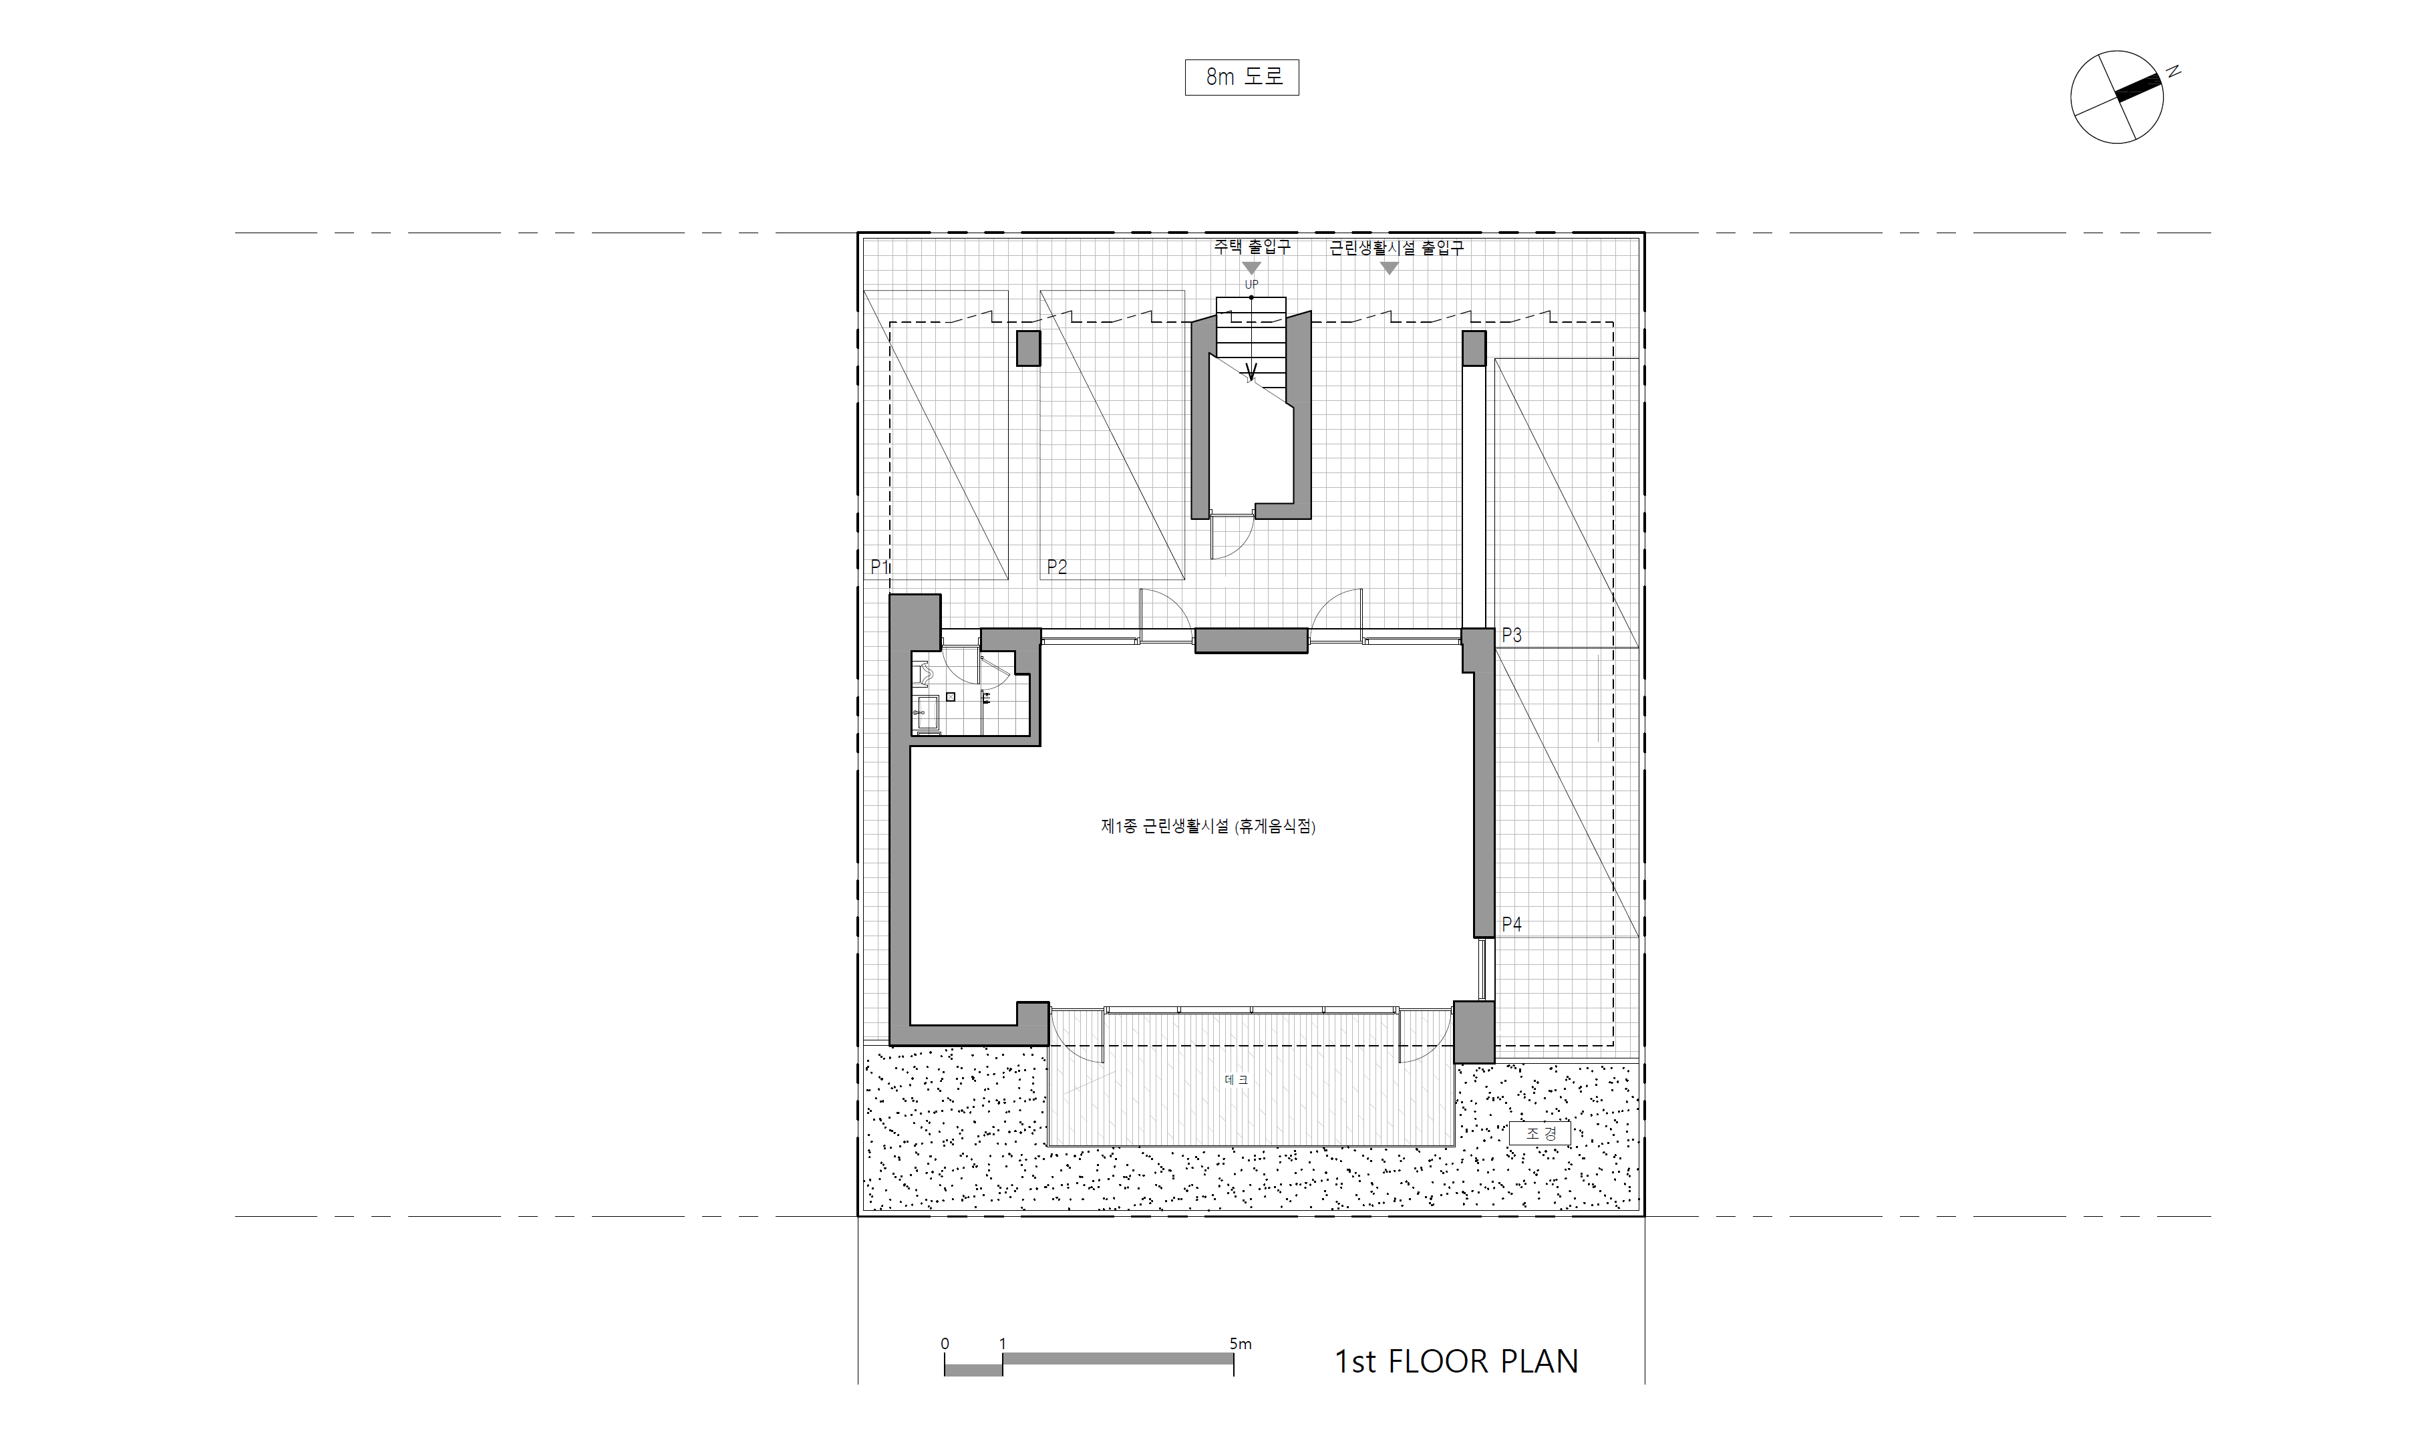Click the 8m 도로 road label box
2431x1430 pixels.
[1241, 78]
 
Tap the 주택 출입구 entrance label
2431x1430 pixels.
[1251, 247]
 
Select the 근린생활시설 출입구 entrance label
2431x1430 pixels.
[1396, 248]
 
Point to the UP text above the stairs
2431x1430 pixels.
[1251, 285]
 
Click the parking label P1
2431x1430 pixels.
[880, 567]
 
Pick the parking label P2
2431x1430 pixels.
[1058, 567]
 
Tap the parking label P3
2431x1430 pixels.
[1512, 635]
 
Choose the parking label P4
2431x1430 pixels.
[1512, 924]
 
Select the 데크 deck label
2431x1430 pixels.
[1236, 1080]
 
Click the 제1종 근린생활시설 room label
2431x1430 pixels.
[1208, 826]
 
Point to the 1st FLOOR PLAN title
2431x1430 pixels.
[1456, 1361]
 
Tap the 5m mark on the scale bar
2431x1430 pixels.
[1241, 1343]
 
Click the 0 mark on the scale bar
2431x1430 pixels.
[945, 1343]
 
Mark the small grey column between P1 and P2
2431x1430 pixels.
[1028, 348]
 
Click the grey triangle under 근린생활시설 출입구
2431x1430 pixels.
[1389, 268]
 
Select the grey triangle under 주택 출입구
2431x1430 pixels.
[1251, 268]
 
